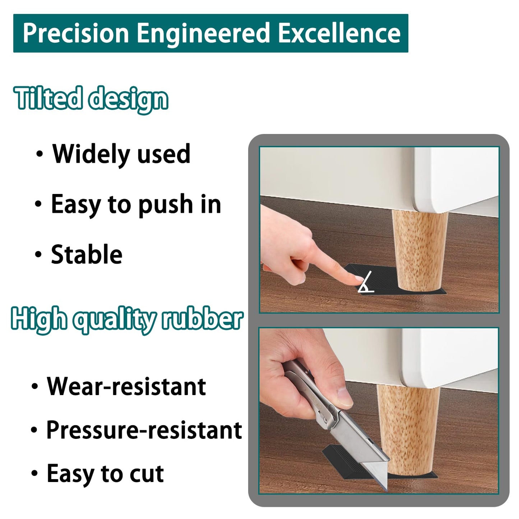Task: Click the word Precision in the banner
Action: pos(76,33)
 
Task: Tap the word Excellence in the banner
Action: pos(339,33)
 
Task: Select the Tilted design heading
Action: pos(91,99)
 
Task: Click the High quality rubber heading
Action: pos(127,319)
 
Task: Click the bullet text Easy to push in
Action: pos(136,204)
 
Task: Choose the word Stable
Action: pos(87,254)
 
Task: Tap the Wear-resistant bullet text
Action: pos(126,386)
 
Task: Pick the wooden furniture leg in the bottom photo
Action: pos(409,424)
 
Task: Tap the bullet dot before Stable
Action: pos(38,254)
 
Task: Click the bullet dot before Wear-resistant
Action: pos(34,387)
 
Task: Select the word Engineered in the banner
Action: pos(203,33)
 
